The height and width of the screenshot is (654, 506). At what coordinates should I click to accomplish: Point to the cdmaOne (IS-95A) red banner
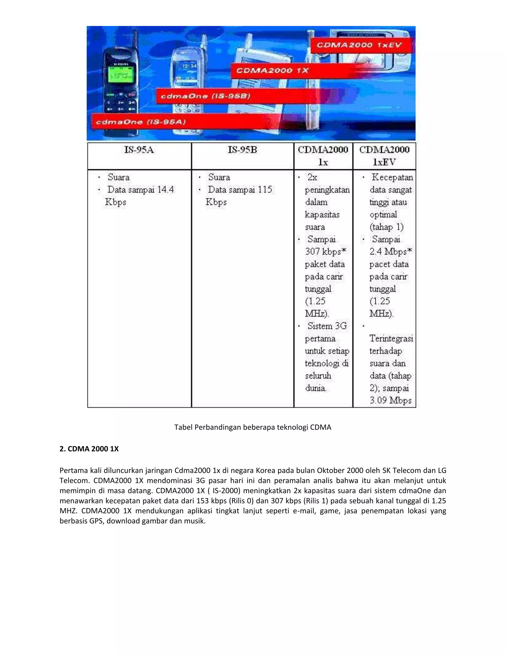pos(141,122)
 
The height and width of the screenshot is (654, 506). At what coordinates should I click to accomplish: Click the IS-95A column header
pos(139,150)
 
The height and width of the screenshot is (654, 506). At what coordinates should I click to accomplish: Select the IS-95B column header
pos(242,150)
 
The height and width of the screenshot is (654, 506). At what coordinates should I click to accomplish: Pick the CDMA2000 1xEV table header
pos(384,156)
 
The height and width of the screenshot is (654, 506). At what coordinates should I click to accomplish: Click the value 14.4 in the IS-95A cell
pos(166,190)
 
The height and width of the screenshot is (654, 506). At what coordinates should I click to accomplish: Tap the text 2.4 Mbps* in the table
pos(391,251)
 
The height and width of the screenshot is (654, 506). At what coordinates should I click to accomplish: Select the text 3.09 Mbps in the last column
pos(390,400)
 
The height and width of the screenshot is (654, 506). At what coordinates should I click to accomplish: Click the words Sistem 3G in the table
pos(327,326)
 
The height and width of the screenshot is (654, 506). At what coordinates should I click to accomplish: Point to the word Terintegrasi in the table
pos(391,338)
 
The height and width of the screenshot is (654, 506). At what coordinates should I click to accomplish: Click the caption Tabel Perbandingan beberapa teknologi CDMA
pos(253,427)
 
